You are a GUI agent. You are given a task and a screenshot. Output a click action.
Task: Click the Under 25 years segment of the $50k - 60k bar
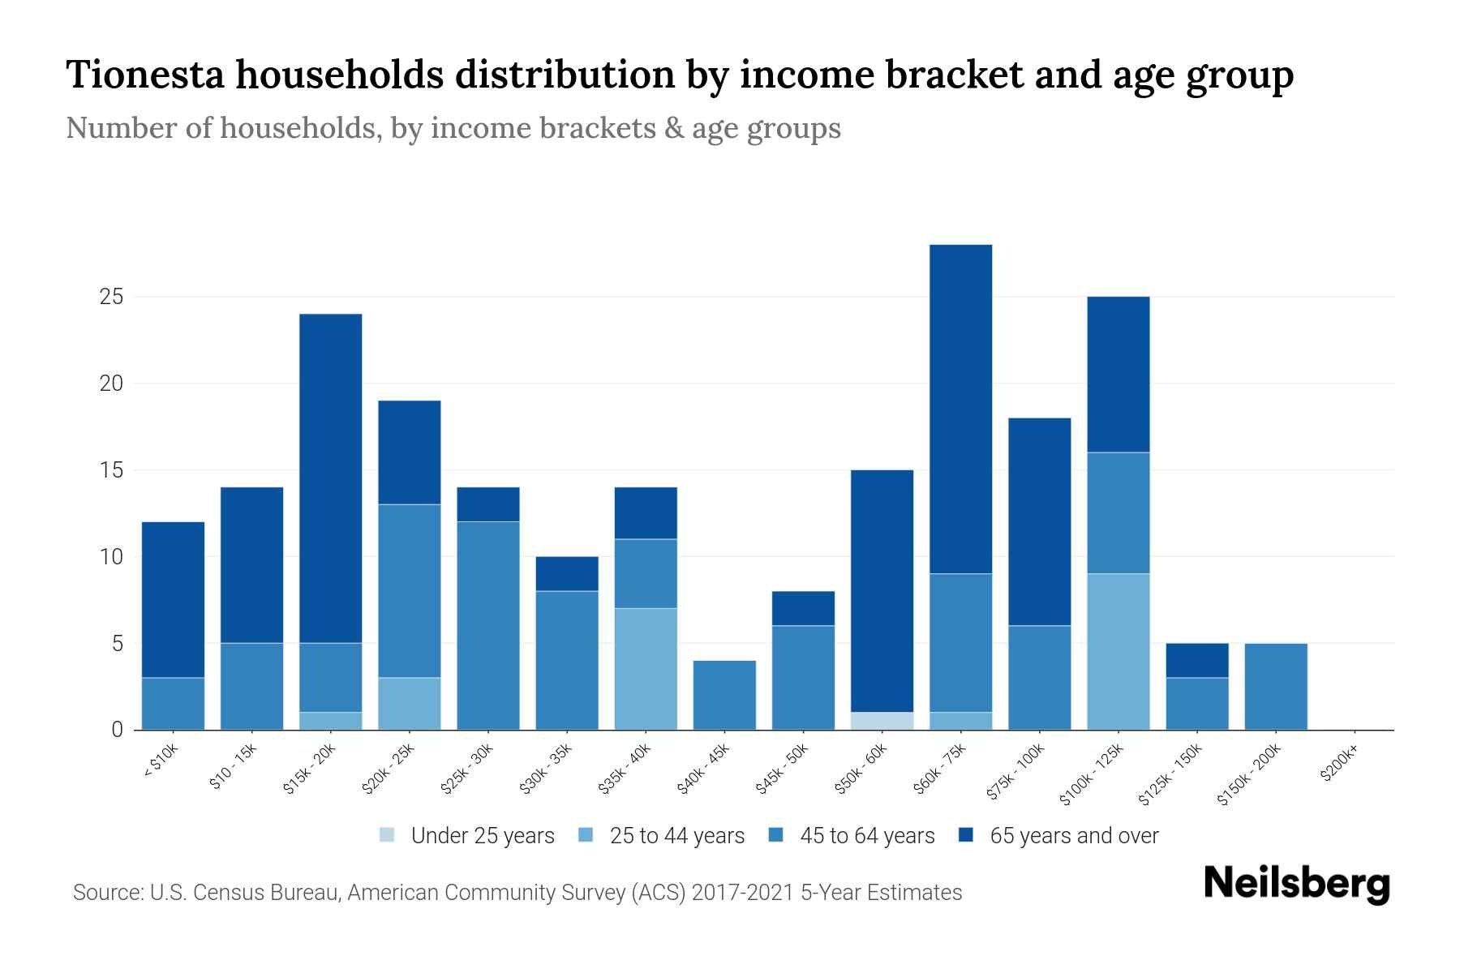(x=882, y=721)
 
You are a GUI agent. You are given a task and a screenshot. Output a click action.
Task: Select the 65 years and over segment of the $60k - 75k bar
(x=960, y=409)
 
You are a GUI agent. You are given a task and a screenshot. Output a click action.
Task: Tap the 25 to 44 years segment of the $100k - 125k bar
(x=1118, y=652)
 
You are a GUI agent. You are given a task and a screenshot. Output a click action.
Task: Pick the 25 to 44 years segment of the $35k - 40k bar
(x=646, y=669)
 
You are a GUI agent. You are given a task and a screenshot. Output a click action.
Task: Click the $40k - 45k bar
(x=724, y=695)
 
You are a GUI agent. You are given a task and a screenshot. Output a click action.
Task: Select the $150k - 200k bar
(x=1275, y=686)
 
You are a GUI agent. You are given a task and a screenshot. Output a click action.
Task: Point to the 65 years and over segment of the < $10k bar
(x=173, y=600)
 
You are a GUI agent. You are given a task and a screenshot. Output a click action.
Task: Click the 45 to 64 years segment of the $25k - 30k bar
(x=488, y=625)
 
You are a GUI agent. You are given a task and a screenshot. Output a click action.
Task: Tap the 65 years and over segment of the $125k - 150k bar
(x=1196, y=660)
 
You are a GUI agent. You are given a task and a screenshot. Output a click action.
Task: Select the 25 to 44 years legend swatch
(x=586, y=835)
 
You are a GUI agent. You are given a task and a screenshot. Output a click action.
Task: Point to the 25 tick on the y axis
(x=111, y=298)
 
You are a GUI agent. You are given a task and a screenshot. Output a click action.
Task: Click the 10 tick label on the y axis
(x=111, y=557)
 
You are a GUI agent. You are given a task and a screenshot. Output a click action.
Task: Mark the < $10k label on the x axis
(x=161, y=763)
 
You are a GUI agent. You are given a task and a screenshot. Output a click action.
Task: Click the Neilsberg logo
(x=1296, y=884)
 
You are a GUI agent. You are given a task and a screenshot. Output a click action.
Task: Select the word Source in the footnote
(x=106, y=893)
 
